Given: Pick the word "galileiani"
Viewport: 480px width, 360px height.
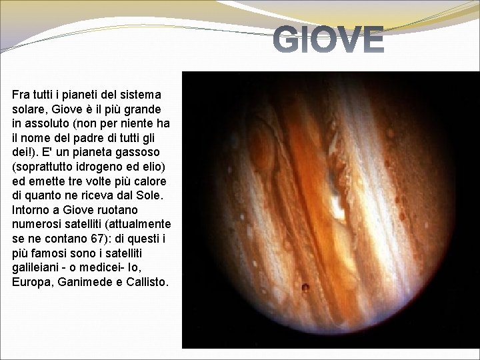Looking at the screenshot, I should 41,270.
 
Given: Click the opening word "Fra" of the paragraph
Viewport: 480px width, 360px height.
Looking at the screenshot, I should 21,95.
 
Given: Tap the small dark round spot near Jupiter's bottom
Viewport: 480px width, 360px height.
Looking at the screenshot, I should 306,288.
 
